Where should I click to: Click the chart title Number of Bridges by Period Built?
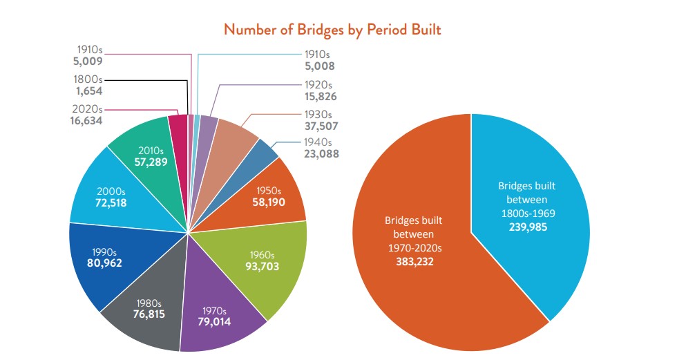click(x=332, y=30)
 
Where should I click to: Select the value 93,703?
click(x=262, y=265)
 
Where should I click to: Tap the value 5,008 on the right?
click(x=321, y=67)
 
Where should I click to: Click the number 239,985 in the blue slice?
click(x=527, y=227)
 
